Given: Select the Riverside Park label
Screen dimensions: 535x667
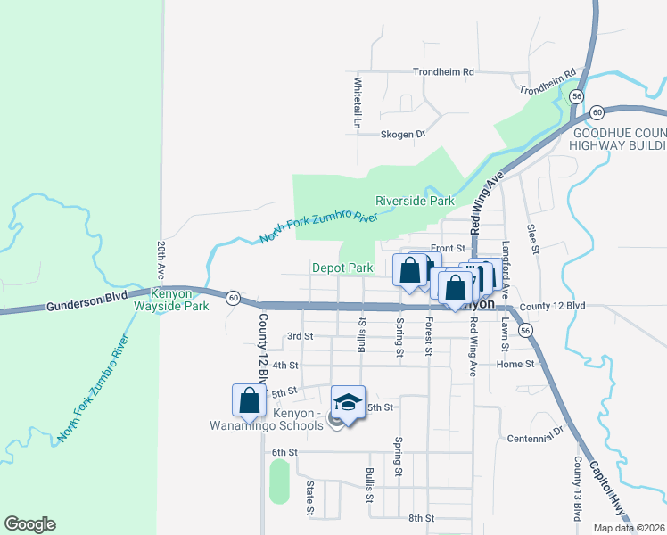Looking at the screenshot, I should click(415, 201).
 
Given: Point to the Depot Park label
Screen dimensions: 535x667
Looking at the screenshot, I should click(342, 267).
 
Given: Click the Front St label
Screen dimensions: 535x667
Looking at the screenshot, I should click(449, 248).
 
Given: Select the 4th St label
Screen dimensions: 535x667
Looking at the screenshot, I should click(284, 366).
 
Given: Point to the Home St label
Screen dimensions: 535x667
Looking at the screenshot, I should click(515, 364).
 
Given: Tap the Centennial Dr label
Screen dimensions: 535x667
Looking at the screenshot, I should click(536, 438).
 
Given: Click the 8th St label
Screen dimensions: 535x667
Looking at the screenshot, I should click(420, 518).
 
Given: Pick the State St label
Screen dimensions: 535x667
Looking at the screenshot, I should click(310, 498).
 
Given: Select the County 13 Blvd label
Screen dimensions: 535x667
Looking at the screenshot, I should click(578, 489).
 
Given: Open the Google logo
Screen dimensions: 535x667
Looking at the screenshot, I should click(29, 524).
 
